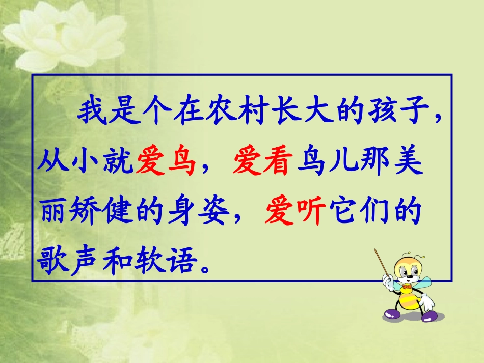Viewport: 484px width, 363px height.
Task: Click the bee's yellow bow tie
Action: [406, 288]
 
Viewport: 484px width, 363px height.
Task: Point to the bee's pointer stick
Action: [382, 264]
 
